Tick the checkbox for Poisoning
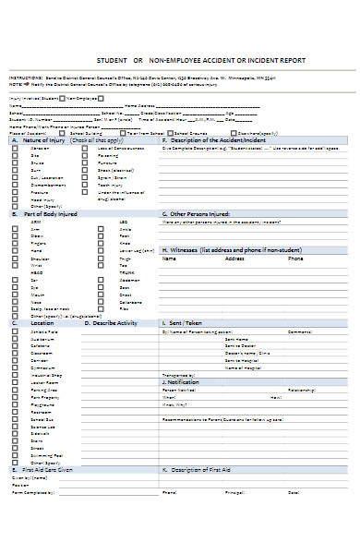(88, 155)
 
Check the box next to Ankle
(101, 229)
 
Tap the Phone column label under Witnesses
(295, 259)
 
